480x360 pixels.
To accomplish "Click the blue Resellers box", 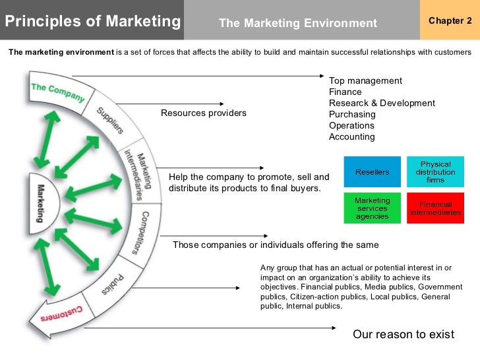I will (372, 172).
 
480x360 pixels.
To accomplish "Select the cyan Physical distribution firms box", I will (435, 172).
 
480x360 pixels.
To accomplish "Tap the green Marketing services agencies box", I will (372, 208).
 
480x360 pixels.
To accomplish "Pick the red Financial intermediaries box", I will (435, 208).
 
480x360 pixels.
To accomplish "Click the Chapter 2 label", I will (450, 20).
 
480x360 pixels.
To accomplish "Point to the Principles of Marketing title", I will (92, 22).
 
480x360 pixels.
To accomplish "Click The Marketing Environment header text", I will (297, 24).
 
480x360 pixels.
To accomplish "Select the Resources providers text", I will (204, 113).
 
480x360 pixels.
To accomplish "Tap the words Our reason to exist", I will (404, 334).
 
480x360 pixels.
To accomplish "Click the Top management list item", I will (365, 81).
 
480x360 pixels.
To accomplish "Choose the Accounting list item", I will (351, 137).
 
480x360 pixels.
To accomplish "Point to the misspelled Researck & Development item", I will (382, 104).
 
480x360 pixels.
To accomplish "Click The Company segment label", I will (58, 92).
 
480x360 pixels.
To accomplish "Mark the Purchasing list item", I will (352, 115).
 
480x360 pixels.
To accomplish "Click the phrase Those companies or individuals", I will (224, 245).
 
